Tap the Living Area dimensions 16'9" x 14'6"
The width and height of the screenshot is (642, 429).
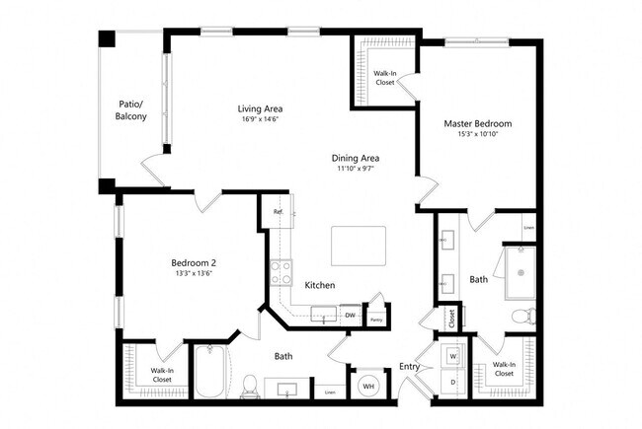[x=262, y=120]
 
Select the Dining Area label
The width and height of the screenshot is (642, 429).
[x=356, y=158]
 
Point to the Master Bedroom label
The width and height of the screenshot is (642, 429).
[x=477, y=123]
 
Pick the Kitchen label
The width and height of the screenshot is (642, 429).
[x=320, y=285]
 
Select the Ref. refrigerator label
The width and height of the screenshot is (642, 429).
[x=279, y=212]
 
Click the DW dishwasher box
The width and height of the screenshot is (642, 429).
[x=350, y=315]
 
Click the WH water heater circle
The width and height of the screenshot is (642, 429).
[x=367, y=386]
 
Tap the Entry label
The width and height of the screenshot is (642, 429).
[x=409, y=368]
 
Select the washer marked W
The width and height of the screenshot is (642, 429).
[x=453, y=354]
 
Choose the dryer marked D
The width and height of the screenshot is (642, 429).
[x=453, y=381]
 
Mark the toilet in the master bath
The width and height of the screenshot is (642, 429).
[x=524, y=317]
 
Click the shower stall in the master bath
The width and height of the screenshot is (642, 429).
[x=520, y=270]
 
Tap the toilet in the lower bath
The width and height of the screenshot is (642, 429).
[x=250, y=384]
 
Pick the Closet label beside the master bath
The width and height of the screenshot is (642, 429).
[x=450, y=319]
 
